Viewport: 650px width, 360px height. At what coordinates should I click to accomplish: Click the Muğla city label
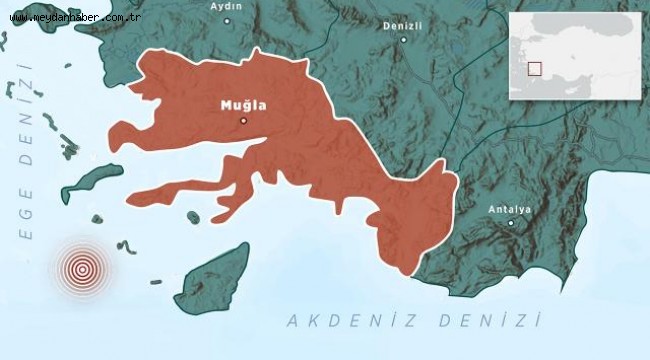(242, 103)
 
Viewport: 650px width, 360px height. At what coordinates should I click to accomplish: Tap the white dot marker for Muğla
(243, 121)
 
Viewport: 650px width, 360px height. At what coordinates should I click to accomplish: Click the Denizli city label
(403, 26)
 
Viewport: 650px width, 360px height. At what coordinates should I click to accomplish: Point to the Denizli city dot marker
(404, 40)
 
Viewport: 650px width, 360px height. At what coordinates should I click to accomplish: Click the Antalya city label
(509, 209)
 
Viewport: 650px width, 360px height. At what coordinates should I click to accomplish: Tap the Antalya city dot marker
(510, 223)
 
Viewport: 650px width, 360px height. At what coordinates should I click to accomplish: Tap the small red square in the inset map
(535, 68)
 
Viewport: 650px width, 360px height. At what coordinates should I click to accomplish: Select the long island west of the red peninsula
(94, 181)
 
